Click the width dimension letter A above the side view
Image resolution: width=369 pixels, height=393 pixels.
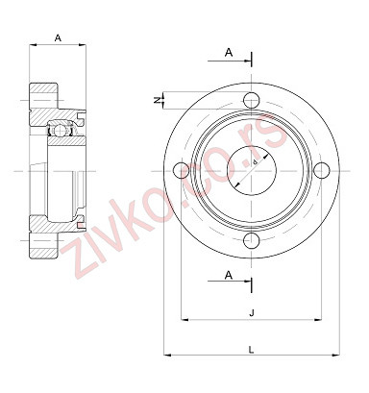[x=59, y=37]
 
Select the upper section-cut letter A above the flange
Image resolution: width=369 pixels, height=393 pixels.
[x=228, y=51]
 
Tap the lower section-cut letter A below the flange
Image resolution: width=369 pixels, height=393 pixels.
[x=228, y=275]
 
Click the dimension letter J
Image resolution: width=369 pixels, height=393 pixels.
[x=251, y=311]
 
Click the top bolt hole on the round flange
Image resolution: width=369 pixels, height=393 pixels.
[x=252, y=99]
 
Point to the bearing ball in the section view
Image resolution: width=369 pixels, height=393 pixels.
[x=59, y=130]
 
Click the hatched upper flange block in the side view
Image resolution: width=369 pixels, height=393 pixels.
[x=44, y=97]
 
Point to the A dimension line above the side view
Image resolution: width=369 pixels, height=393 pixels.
[x=59, y=46]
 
